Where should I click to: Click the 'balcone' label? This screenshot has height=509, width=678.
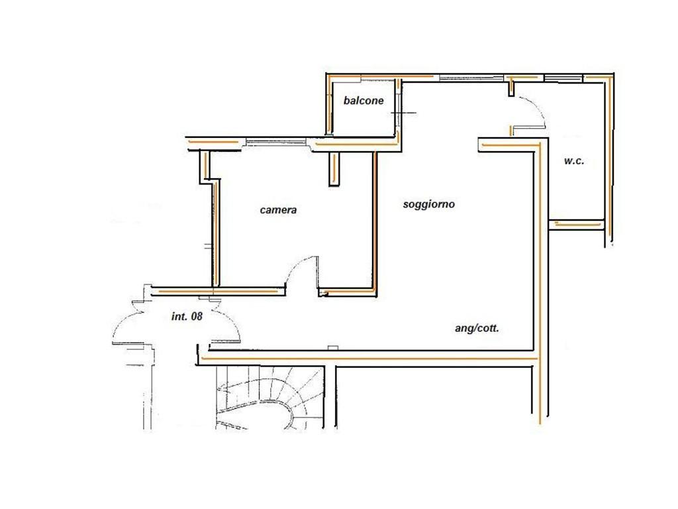363,101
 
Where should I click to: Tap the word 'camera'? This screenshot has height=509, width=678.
278,210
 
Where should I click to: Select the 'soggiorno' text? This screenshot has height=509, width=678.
428,204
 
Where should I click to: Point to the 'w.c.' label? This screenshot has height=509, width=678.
574,161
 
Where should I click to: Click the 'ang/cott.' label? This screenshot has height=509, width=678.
477,328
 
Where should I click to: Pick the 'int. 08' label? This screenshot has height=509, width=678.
187,316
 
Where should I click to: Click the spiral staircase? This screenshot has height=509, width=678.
270,398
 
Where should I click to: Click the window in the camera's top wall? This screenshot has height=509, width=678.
276,142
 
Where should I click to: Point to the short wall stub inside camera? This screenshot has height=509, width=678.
334,169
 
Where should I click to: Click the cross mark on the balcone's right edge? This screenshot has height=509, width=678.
403,113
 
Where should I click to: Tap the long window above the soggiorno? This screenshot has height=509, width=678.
471,78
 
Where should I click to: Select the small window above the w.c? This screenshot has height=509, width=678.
563,78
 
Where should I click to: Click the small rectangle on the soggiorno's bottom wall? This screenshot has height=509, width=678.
332,347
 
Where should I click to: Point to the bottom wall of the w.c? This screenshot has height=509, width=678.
577,224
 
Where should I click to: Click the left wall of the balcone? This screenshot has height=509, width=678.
328,106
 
